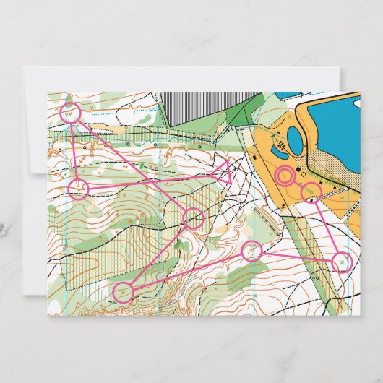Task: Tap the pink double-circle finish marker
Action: (285, 175)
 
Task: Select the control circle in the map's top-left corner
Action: (70, 112)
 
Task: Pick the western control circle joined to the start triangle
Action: (79, 189)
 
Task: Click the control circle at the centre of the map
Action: (194, 217)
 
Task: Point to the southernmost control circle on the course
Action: (124, 292)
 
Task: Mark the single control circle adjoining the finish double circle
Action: (311, 192)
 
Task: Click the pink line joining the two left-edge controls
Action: (74, 150)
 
